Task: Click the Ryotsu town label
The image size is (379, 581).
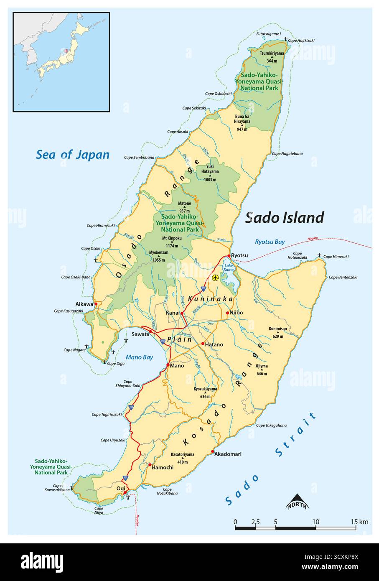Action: coord(239,255)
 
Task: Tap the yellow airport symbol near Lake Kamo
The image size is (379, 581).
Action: coord(215,278)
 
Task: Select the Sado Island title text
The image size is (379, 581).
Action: coord(284,217)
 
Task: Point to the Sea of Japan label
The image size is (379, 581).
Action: coord(73,155)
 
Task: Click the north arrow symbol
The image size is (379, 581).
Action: coord(297,501)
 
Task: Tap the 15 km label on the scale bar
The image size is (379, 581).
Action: coord(359,521)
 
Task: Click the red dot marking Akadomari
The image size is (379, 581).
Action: coord(213,452)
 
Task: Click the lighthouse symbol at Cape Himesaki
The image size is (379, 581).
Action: coord(320,255)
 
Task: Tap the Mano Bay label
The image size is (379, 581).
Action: coord(139,357)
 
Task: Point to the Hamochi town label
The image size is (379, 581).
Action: coord(163,467)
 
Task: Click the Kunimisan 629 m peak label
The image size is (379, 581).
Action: coord(278,331)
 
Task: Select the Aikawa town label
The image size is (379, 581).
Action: coord(84,304)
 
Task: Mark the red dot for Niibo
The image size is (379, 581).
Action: coord(227,313)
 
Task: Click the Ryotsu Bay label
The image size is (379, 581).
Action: coord(270,242)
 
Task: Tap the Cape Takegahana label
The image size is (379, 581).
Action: coord(271,426)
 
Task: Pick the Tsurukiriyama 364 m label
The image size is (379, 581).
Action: coord(272,57)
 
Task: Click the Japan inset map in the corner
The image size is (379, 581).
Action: coord(61,61)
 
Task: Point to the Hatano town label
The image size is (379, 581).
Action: coord(214,344)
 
